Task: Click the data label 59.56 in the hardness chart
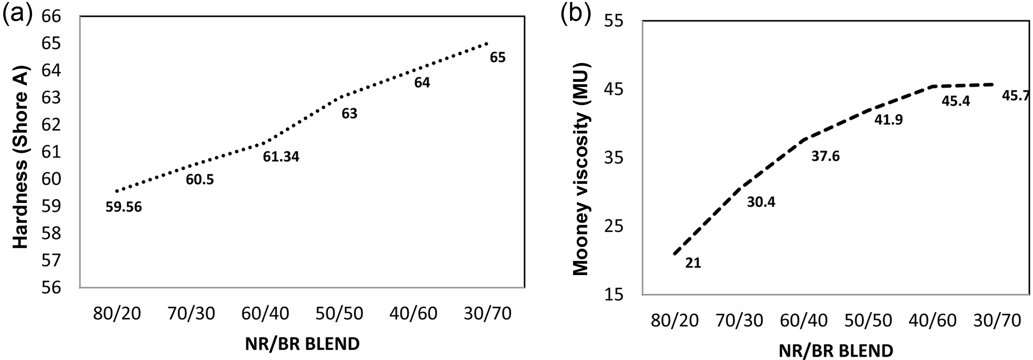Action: coord(123,207)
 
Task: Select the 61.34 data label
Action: coord(281,156)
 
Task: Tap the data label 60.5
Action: coord(199,179)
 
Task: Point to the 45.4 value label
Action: coord(953,101)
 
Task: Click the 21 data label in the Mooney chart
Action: coord(693,263)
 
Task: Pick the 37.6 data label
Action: coord(825,156)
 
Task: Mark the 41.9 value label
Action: coord(888,120)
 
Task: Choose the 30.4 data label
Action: coord(761,202)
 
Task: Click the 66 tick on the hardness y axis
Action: coord(51,16)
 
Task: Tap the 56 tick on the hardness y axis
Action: coord(51,288)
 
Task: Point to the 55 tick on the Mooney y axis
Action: coord(613,21)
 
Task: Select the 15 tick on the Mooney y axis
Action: coord(613,294)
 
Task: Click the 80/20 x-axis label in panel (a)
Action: coord(117,314)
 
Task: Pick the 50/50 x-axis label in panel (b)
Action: coord(868,321)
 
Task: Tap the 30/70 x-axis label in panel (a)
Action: coord(487,314)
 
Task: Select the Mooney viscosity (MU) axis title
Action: coord(580,169)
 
